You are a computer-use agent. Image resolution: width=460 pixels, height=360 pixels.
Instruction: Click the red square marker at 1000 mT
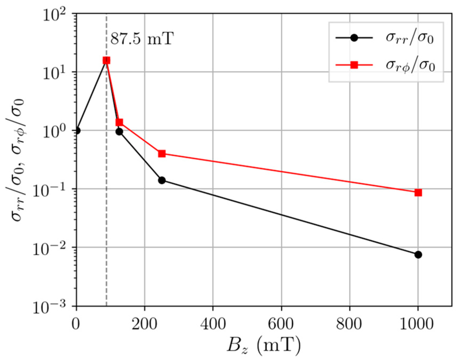click(x=418, y=193)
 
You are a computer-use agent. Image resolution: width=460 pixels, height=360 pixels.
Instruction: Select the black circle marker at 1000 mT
click(x=418, y=255)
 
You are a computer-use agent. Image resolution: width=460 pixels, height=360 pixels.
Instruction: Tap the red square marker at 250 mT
click(x=162, y=154)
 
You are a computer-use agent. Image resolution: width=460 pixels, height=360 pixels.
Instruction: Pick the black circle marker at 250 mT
click(x=162, y=180)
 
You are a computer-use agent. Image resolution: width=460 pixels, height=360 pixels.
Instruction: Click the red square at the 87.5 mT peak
click(x=106, y=60)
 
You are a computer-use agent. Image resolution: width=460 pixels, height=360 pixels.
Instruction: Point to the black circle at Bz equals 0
click(x=77, y=131)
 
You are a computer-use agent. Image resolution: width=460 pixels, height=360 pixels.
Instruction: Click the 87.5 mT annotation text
click(x=142, y=39)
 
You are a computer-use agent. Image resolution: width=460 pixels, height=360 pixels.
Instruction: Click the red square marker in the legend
click(x=354, y=65)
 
